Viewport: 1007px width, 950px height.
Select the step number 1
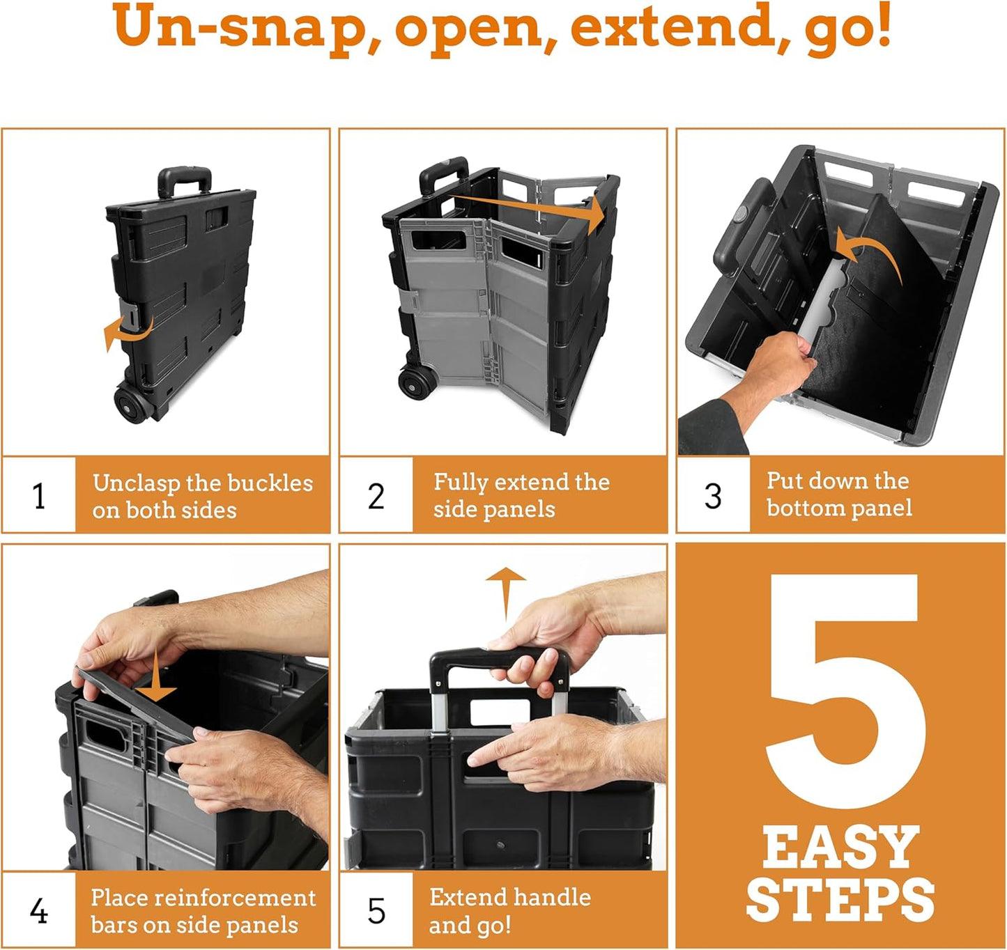[x=39, y=496]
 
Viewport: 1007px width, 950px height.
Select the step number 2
[x=376, y=496]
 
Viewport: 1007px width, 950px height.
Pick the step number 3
[x=713, y=496]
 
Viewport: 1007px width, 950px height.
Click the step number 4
[x=39, y=911]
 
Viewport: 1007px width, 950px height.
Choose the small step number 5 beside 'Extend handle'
[x=376, y=911]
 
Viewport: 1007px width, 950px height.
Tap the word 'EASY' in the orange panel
[x=840, y=848]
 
